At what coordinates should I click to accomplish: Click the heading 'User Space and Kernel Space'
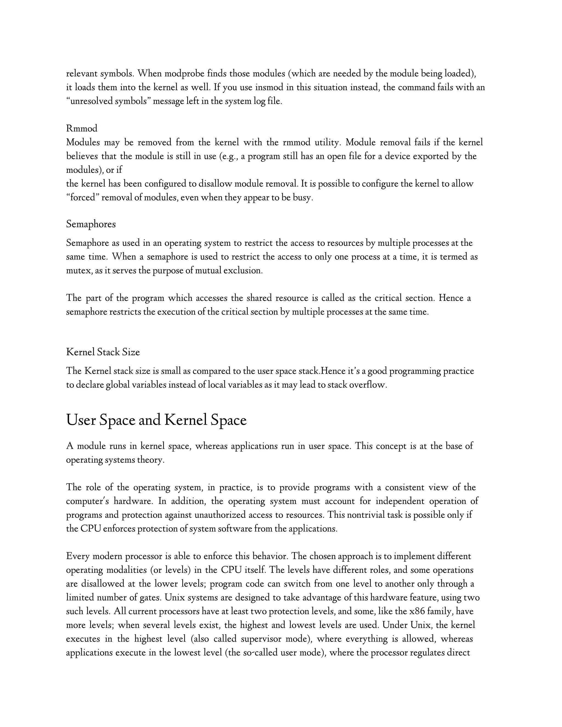pos(156,420)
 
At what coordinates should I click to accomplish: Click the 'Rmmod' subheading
pos(82,128)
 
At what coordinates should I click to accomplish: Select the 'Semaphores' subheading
pos(91,224)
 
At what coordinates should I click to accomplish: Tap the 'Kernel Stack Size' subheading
pos(103,352)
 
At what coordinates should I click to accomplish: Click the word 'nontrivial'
pos(366,515)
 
